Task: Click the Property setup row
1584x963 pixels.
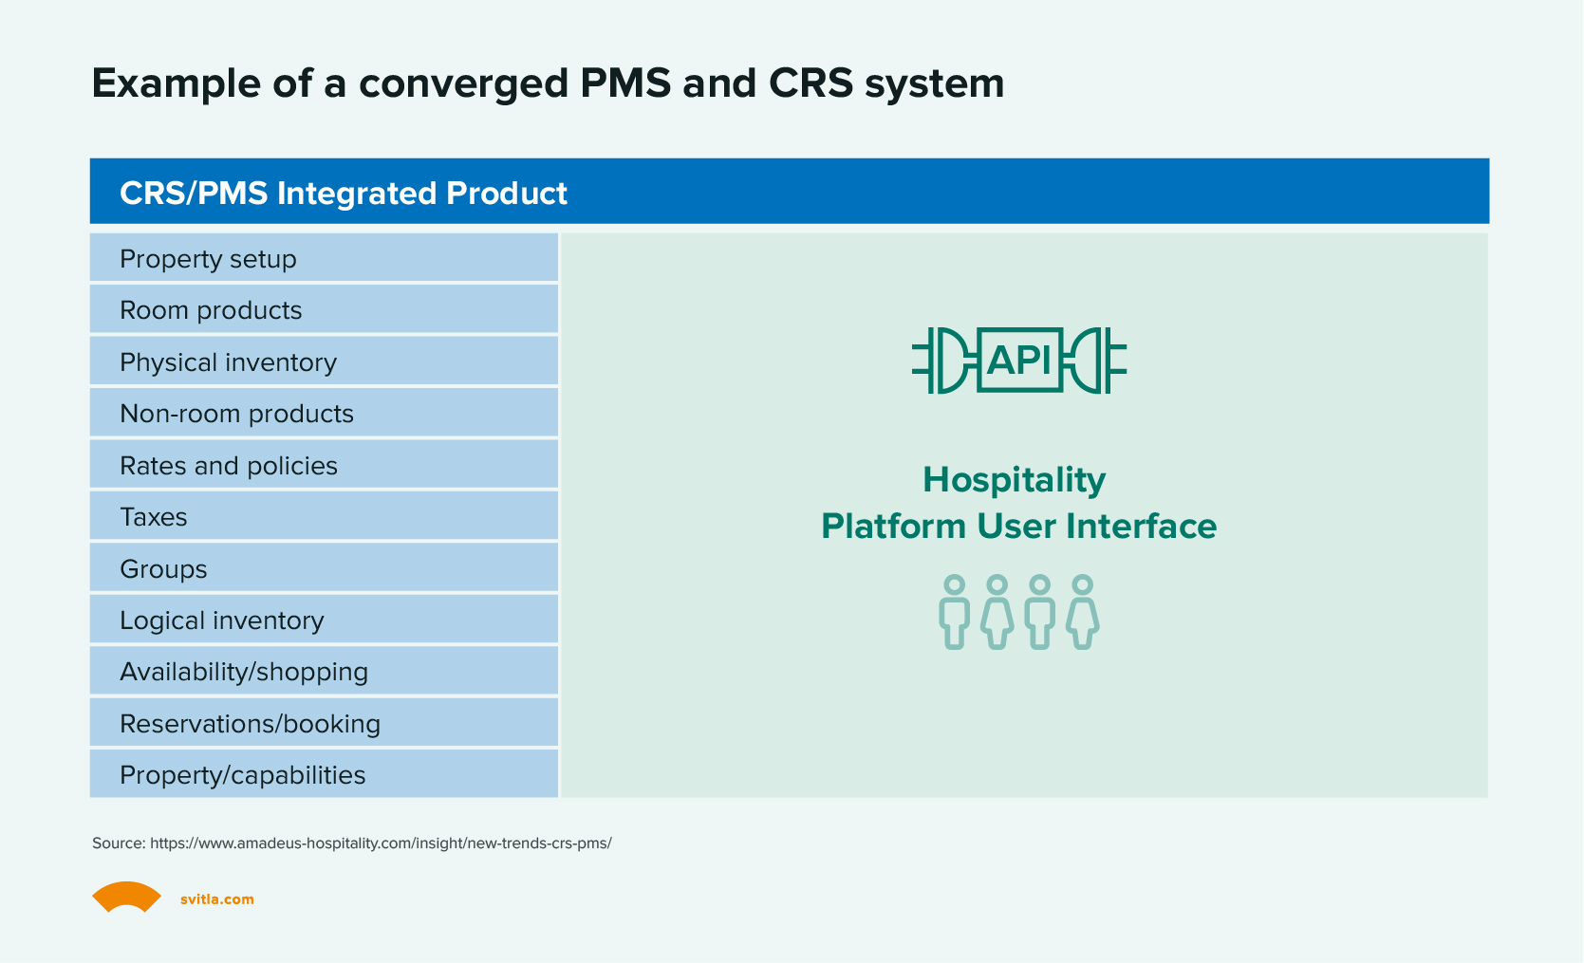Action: (323, 259)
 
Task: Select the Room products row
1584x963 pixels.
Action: (323, 310)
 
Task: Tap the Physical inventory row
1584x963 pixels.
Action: (323, 362)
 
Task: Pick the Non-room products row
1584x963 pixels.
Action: (323, 414)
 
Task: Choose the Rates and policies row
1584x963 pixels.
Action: (323, 466)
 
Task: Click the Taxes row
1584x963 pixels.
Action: (323, 517)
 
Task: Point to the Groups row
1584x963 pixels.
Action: (323, 569)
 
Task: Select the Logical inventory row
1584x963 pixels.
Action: (323, 620)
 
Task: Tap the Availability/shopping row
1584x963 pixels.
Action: (323, 672)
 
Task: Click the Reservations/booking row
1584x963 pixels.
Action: (323, 724)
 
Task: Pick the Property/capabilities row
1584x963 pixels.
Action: (323, 775)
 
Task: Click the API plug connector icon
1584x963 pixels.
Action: (1018, 361)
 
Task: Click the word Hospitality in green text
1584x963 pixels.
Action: (1014, 480)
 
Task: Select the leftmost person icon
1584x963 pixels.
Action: (954, 612)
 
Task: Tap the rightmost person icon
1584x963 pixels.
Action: (1082, 612)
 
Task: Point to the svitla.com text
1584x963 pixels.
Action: (217, 899)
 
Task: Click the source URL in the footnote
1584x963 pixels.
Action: (381, 843)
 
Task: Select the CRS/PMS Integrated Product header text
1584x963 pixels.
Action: (344, 194)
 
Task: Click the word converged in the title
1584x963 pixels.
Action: (464, 83)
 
